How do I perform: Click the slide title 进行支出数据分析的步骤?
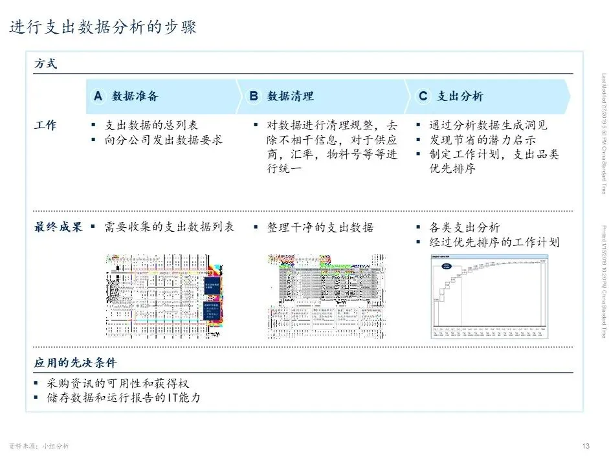[x=103, y=27]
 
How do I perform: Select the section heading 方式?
[x=45, y=64]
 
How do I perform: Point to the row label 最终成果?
[x=58, y=228]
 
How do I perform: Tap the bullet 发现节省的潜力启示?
[x=482, y=140]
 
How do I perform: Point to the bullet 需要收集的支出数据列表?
[x=168, y=228]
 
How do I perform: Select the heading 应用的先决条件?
[x=75, y=362]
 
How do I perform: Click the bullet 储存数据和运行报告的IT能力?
[x=124, y=397]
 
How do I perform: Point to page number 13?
[x=586, y=445]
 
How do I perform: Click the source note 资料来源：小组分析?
[x=39, y=446]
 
